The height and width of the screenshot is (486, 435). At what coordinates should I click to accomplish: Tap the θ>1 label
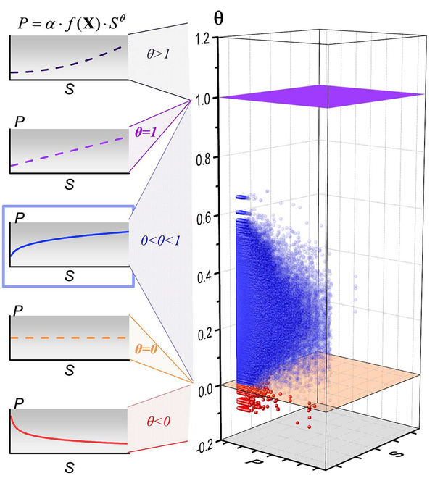(x=157, y=53)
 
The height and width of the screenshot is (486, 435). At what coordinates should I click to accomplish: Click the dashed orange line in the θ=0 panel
(x=69, y=338)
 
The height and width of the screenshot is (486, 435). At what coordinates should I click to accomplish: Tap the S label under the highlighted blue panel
(x=70, y=276)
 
